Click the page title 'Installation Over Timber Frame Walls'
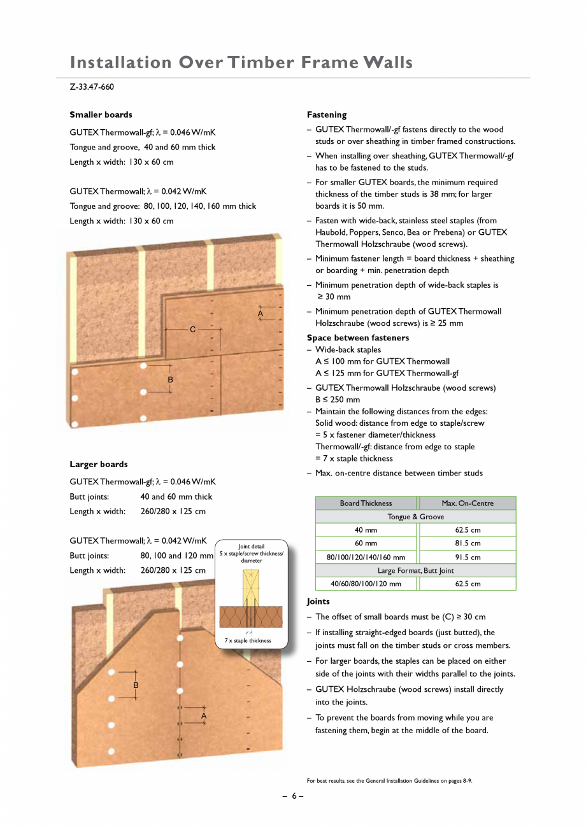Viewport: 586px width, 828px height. (241, 62)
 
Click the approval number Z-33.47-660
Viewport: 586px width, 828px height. (92, 87)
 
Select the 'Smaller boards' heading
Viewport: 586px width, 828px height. (101, 115)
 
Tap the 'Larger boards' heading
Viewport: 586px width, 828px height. (98, 464)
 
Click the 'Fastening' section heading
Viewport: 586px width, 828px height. (326, 115)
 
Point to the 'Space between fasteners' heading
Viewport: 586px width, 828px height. (357, 337)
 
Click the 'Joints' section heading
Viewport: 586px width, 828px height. (318, 601)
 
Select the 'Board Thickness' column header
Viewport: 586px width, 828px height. (366, 503)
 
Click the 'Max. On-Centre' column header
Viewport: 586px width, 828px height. (468, 503)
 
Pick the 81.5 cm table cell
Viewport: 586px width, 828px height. (468, 544)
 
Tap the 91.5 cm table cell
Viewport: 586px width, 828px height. (468, 557)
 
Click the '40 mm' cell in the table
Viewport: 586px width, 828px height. (366, 530)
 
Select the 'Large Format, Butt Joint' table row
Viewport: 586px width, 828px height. (415, 570)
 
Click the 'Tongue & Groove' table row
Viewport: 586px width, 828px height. (415, 517)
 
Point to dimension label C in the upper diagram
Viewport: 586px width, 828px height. (192, 329)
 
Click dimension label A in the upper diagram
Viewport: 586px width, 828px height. (260, 314)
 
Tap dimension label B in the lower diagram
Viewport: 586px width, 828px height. (136, 685)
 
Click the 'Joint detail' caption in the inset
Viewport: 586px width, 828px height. (251, 546)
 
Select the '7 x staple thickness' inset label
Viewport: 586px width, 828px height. (248, 640)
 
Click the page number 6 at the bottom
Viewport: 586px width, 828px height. (293, 796)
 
